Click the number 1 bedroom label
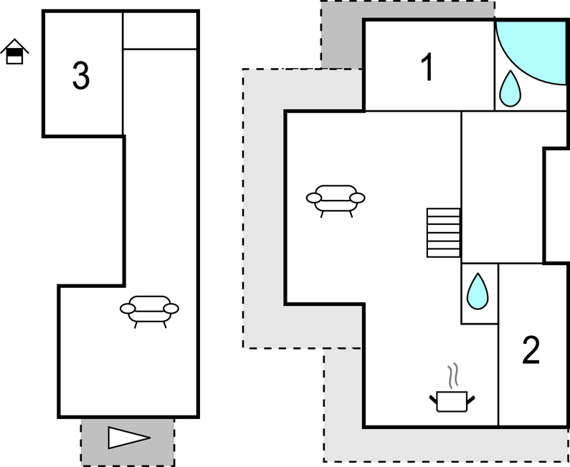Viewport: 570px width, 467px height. (x=427, y=68)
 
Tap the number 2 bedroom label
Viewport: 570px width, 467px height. (x=531, y=351)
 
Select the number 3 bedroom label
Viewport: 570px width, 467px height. (x=81, y=76)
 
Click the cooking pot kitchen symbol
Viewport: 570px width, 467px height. (x=452, y=400)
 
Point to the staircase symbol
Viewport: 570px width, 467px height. (x=443, y=232)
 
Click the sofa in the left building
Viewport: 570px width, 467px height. (x=149, y=309)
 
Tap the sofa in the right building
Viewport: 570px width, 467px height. (x=336, y=198)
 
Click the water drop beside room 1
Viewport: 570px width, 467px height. (x=510, y=88)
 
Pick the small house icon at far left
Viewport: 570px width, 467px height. (x=14, y=52)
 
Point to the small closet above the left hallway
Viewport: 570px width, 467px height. (x=160, y=31)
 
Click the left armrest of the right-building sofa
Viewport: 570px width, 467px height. (x=314, y=198)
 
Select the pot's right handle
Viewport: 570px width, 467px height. (x=470, y=396)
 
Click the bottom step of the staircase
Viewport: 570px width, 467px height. (x=443, y=252)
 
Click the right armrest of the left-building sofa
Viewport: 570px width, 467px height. (x=171, y=308)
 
